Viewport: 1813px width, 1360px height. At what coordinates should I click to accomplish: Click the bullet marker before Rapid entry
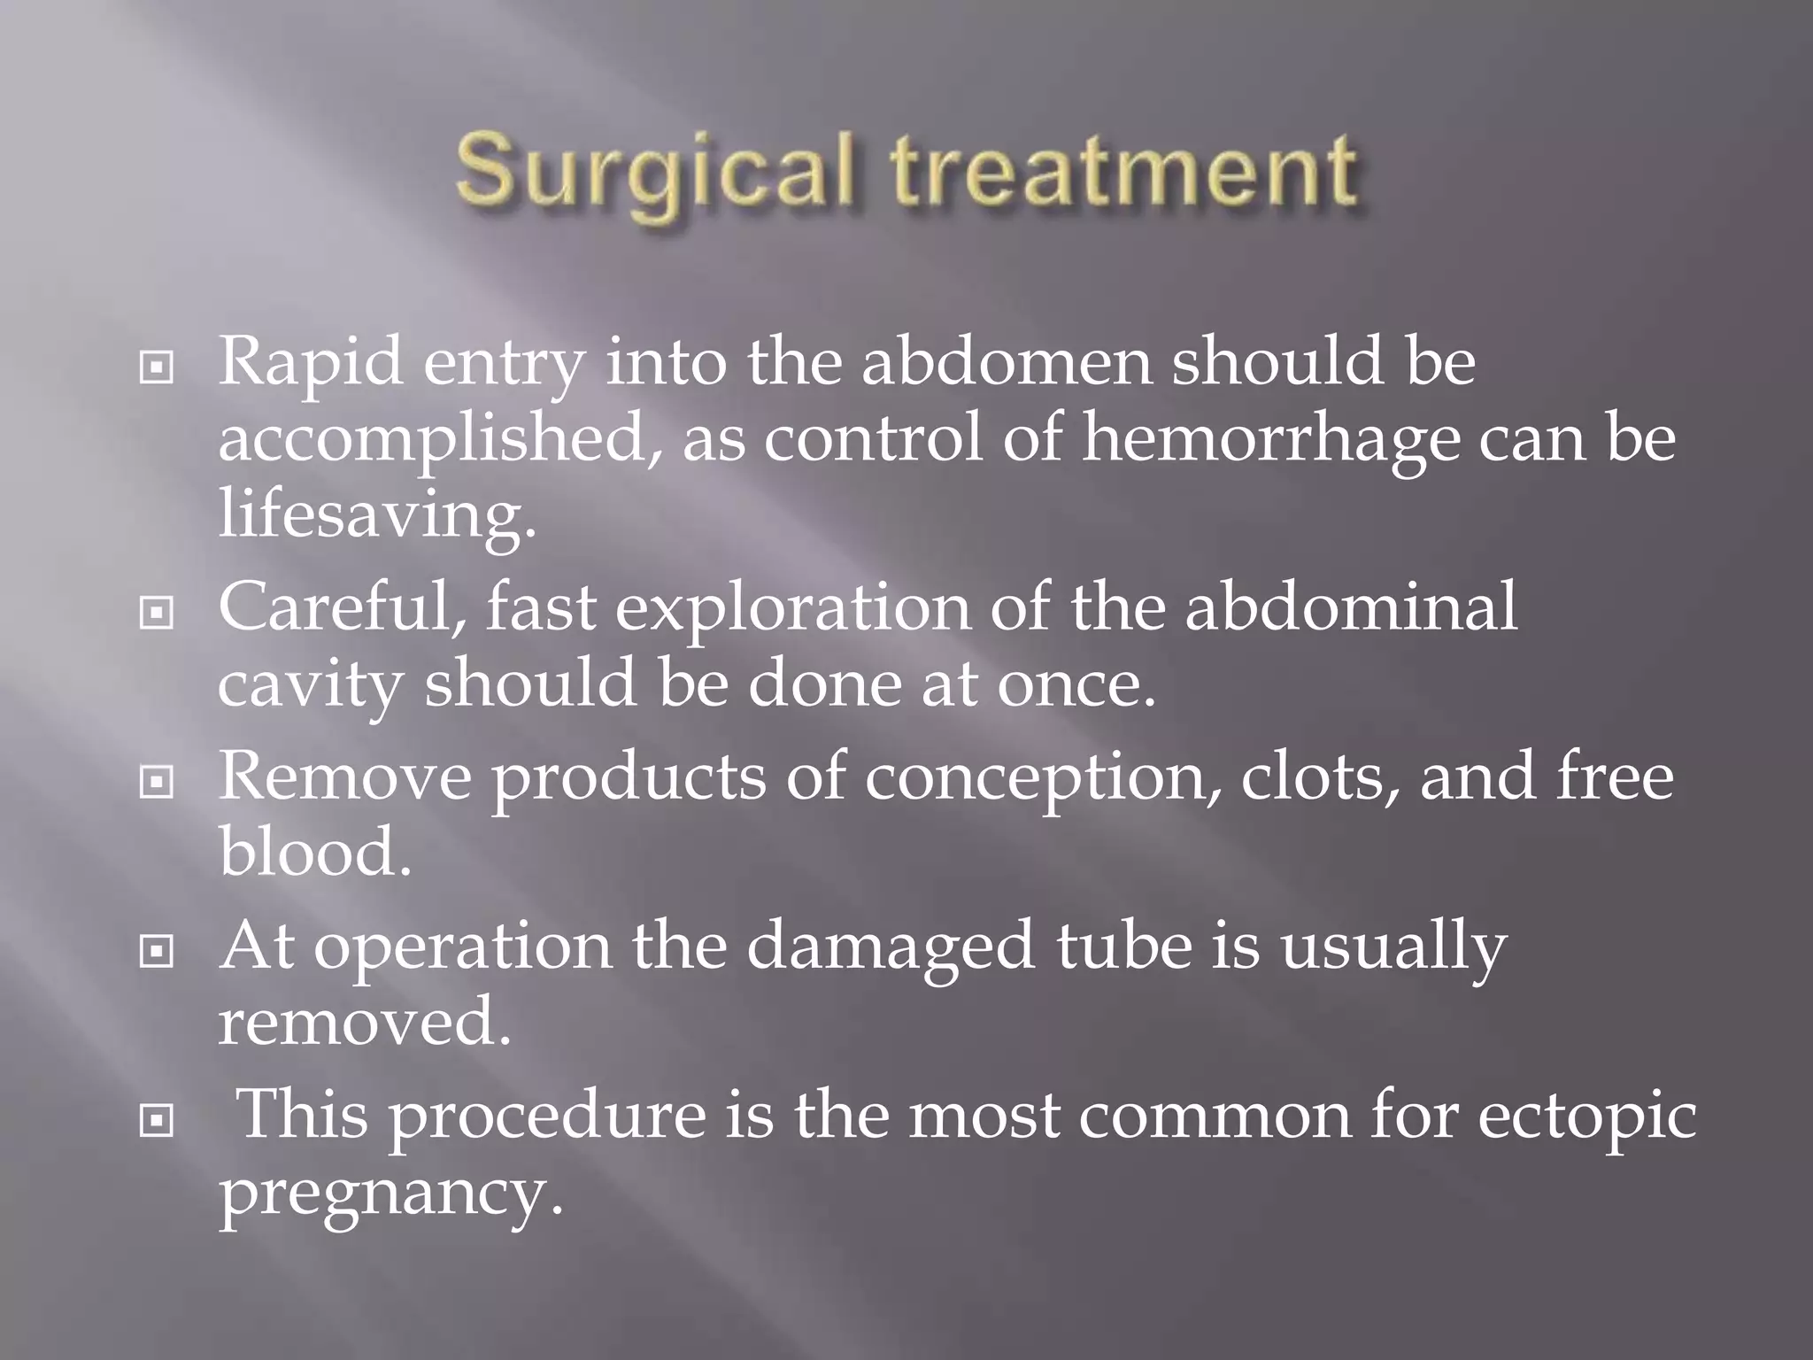157,367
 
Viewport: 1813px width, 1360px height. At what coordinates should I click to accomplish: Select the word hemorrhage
1270,440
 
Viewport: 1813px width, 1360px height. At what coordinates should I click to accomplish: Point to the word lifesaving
377,515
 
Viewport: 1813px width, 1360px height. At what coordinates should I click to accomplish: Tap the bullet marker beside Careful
157,611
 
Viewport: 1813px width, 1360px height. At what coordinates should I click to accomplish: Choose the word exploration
793,609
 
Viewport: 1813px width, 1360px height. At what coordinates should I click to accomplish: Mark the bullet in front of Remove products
157,782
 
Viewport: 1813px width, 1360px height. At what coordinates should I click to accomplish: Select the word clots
1320,777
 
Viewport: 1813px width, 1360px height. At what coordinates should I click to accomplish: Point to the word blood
315,853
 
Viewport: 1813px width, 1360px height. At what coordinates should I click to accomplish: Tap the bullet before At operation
157,952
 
